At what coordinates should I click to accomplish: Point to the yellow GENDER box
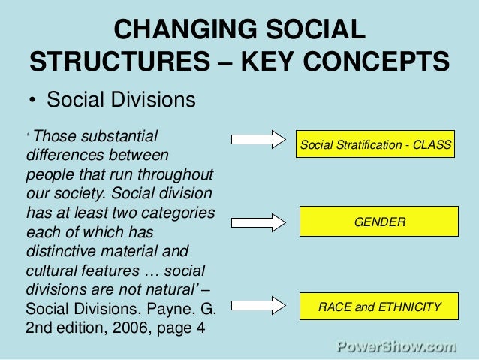(x=379, y=222)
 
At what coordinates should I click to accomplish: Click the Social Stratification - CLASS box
(x=376, y=144)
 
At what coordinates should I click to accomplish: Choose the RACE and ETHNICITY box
(x=379, y=307)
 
